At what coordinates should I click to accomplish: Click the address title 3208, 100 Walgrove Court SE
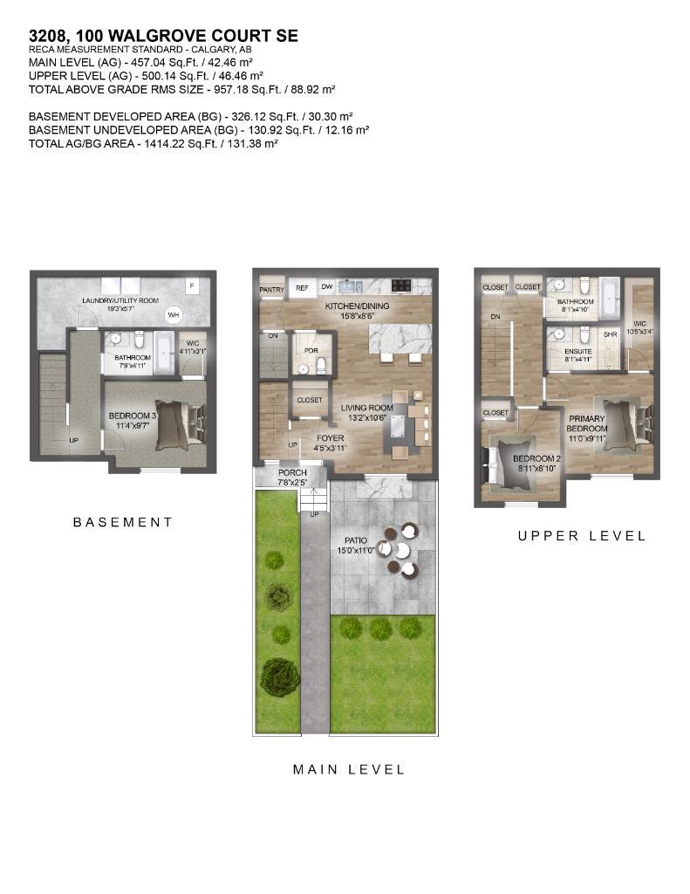click(164, 36)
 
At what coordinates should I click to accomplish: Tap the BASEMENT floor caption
click(123, 522)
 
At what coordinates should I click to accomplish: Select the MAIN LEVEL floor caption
click(349, 769)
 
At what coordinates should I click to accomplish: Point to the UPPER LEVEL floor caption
click(582, 535)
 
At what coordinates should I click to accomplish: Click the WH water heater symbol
click(173, 315)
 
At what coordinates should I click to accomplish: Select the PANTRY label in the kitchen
click(272, 288)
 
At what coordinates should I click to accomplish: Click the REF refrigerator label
click(302, 287)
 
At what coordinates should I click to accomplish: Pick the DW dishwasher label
click(325, 287)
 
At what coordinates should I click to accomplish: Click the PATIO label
click(354, 541)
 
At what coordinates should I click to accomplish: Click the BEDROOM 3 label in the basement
click(132, 416)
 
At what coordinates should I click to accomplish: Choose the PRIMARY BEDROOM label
click(586, 423)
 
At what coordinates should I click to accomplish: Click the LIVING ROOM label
click(366, 408)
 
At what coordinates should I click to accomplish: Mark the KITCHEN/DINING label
click(357, 307)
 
